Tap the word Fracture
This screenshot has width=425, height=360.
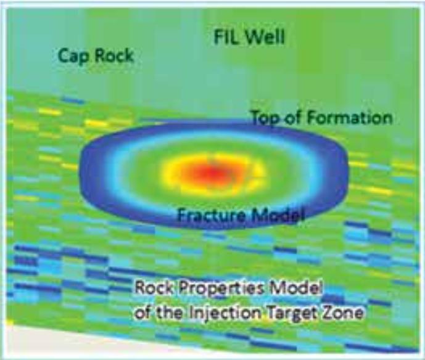211,215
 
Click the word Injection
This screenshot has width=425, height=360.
225,314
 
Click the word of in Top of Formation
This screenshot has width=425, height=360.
294,118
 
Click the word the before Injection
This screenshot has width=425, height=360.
170,313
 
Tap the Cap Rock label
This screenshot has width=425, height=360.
96,56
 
